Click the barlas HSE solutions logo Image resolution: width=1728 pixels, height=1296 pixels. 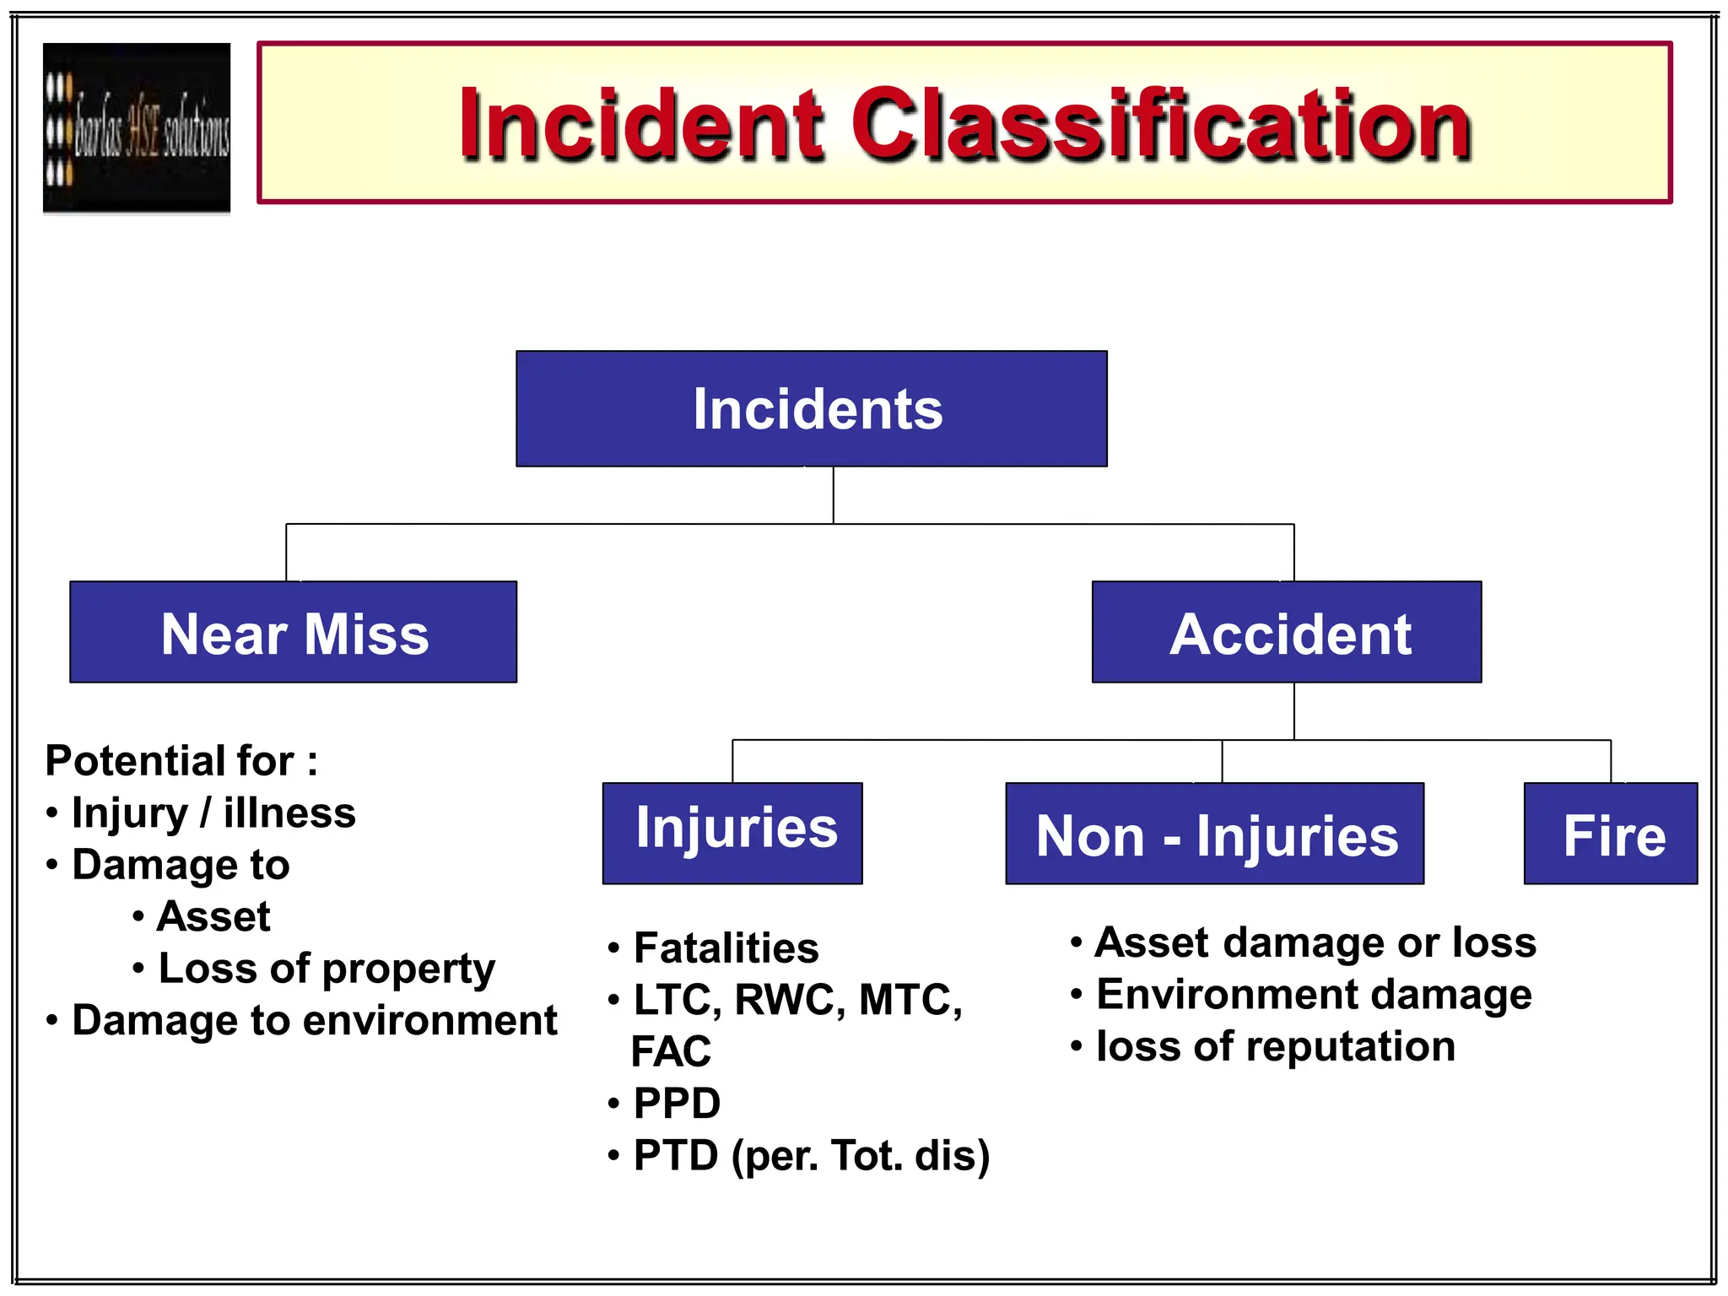point(137,128)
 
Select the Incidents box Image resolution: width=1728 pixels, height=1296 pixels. point(811,408)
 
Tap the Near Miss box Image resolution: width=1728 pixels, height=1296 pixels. point(293,632)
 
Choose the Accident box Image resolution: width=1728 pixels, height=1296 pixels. point(1286,632)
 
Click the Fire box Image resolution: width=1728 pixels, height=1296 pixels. point(1610,834)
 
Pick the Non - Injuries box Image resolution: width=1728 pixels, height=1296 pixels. point(1214,834)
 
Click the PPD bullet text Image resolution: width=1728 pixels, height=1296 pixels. point(677,1103)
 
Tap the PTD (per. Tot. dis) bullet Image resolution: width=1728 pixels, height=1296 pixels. point(811,1155)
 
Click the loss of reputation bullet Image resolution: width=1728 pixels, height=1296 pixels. point(1275,1046)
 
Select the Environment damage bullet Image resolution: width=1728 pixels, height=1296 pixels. point(1313,994)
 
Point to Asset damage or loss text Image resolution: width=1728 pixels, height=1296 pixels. point(1315,942)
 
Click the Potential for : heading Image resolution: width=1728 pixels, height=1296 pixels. point(181,760)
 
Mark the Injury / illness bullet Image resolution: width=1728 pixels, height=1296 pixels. point(213,813)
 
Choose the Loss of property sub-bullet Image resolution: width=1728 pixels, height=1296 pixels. point(327,968)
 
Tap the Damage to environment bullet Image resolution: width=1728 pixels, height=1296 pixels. point(314,1020)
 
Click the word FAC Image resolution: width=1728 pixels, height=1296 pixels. point(671,1051)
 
